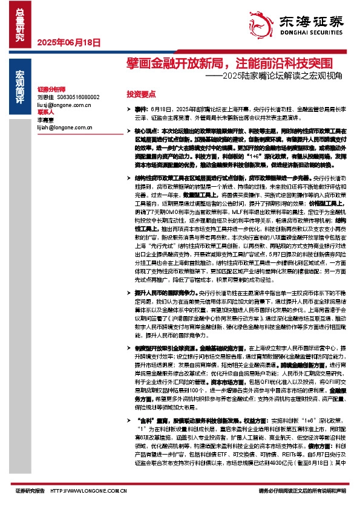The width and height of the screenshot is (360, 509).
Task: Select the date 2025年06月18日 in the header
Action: (x=68, y=42)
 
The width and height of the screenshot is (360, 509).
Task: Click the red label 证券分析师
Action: (x=51, y=88)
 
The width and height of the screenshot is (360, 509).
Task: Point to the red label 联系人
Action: (x=46, y=112)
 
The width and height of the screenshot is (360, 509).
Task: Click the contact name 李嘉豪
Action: (x=46, y=120)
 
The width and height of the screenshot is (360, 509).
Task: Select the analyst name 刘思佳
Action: (x=46, y=97)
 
